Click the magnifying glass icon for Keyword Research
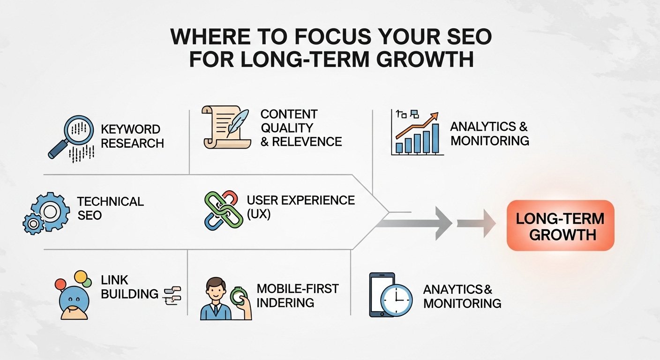click(x=79, y=129)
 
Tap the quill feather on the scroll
click(x=238, y=123)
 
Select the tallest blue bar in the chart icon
click(x=435, y=138)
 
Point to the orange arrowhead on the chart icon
click(x=435, y=116)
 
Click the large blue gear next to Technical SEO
click(x=51, y=211)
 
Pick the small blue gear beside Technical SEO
click(x=33, y=224)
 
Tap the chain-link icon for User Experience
click(x=223, y=210)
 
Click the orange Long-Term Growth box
click(x=561, y=225)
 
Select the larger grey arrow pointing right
click(x=414, y=224)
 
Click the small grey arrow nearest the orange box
click(x=476, y=224)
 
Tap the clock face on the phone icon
click(x=396, y=300)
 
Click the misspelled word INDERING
click(x=285, y=302)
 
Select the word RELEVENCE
click(x=307, y=142)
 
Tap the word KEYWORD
click(x=130, y=129)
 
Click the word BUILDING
click(x=130, y=294)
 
